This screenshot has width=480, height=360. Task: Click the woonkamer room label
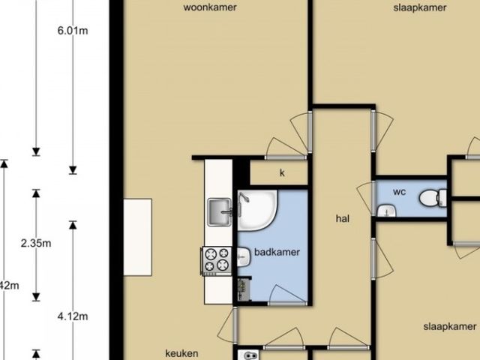point(210,7)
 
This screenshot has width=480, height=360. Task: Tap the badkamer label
point(277,252)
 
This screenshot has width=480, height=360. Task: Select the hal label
point(343,218)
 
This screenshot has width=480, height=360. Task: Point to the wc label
point(399,192)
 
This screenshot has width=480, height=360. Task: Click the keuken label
point(181,353)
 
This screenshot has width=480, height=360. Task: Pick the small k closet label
point(282,173)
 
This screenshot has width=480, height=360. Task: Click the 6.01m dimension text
point(73,31)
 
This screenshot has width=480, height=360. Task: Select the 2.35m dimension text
point(36,243)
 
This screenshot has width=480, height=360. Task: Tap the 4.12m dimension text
point(73,316)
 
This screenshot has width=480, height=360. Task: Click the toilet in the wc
point(433,198)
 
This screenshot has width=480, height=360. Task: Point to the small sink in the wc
point(387,211)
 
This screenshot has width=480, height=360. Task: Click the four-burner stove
point(217,261)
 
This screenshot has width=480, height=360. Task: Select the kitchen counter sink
point(220,212)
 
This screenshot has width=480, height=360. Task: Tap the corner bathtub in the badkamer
point(257,211)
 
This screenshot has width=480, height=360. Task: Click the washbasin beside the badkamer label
point(244,256)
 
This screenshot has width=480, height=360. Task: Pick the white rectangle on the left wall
point(138,237)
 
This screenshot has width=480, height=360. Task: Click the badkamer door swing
point(287,295)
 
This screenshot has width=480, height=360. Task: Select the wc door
point(366,198)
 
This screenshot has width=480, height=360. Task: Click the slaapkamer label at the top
point(420,7)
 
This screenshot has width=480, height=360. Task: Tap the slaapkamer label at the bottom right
point(450,327)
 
